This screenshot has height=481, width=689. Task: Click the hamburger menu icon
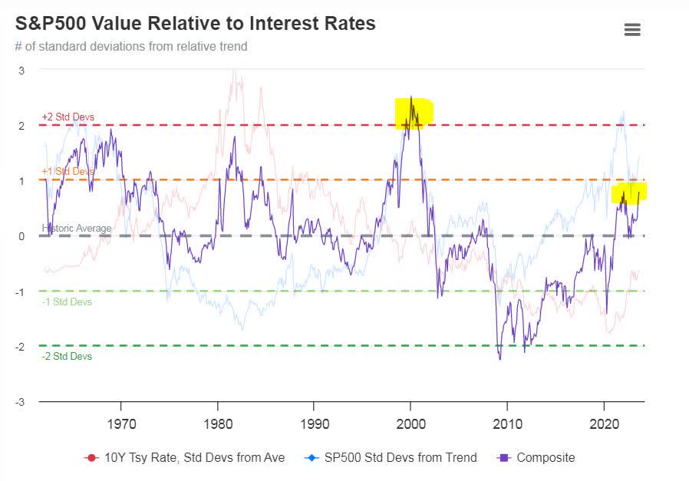(x=632, y=30)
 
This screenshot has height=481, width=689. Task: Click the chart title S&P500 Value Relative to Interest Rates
(x=196, y=24)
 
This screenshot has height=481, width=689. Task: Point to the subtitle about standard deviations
(x=131, y=46)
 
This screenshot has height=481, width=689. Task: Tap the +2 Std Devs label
(x=68, y=117)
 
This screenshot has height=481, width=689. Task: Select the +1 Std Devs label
(x=68, y=172)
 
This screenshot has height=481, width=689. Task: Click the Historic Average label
(x=77, y=229)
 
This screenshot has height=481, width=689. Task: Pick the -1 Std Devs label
(x=67, y=302)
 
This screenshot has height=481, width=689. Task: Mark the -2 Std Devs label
(x=67, y=357)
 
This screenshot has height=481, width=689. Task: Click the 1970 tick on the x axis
(x=121, y=423)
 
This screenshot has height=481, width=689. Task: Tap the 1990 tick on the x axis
(x=314, y=423)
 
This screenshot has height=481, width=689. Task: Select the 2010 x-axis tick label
(x=506, y=423)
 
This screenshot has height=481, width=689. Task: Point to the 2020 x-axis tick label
(x=603, y=423)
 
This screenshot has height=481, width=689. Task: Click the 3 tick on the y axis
(x=21, y=71)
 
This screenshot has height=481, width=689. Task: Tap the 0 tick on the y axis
(x=22, y=236)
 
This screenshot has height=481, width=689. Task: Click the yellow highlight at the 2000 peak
(x=414, y=113)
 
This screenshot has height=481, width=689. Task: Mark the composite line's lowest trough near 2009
(x=500, y=359)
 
